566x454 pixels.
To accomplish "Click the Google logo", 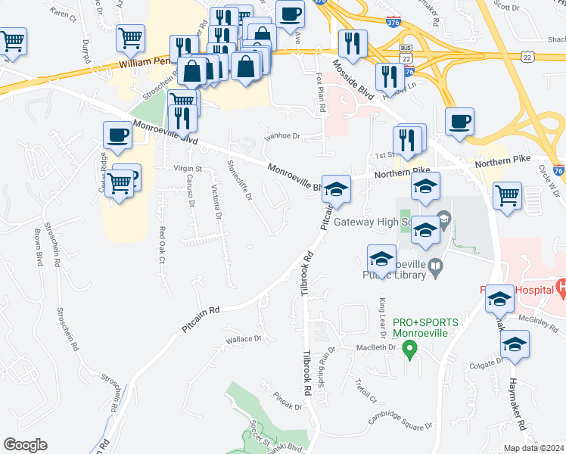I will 25,445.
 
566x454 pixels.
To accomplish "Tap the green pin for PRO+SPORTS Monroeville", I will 410,350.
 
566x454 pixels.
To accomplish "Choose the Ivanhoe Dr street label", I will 282,137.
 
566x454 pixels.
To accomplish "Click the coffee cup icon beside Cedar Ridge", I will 117,135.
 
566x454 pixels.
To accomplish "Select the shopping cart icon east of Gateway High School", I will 506,196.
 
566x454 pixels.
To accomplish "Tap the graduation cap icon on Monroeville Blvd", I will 336,189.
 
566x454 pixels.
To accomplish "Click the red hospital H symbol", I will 561,287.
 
